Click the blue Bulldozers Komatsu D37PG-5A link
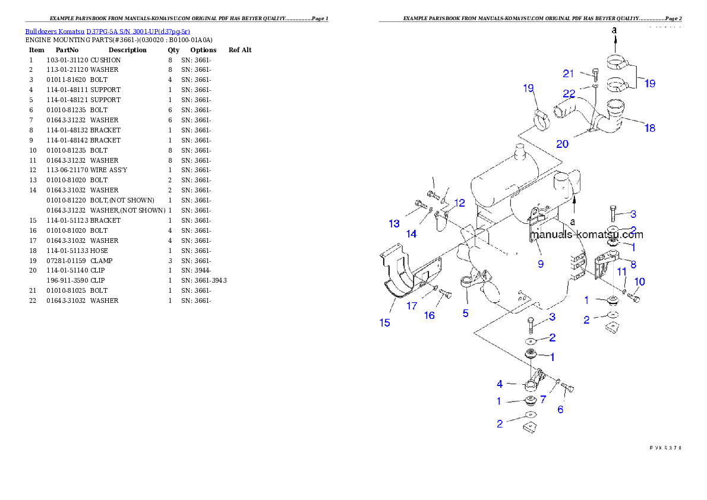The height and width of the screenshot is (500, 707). pyautogui.click(x=108, y=31)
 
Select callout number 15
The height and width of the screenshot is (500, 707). pyautogui.click(x=385, y=322)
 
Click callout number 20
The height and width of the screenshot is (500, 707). pyautogui.click(x=562, y=144)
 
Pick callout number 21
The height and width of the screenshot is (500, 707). pyautogui.click(x=569, y=74)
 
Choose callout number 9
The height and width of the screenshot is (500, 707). pyautogui.click(x=540, y=264)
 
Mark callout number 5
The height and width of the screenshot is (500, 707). pyautogui.click(x=466, y=312)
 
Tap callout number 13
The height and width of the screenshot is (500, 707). pyautogui.click(x=394, y=223)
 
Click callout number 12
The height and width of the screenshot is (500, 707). pyautogui.click(x=459, y=203)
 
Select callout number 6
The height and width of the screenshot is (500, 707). pyautogui.click(x=560, y=409)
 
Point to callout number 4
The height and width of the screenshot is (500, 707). pyautogui.click(x=500, y=384)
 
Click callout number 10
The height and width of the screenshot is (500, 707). pyautogui.click(x=639, y=281)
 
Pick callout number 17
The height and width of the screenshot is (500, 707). pyautogui.click(x=412, y=306)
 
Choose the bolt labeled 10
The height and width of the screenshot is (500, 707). pyautogui.click(x=633, y=297)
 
